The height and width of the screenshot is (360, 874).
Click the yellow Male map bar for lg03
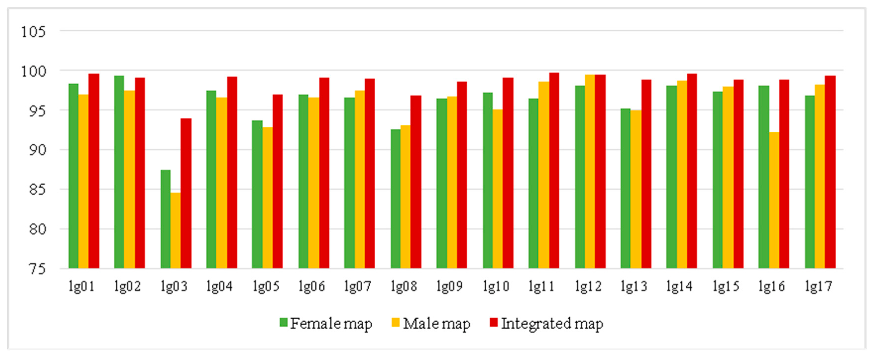[x=175, y=231]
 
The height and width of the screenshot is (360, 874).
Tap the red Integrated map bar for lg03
[x=186, y=193]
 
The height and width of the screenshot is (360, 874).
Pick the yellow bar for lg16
[x=774, y=200]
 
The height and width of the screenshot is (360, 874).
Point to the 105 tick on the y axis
[x=33, y=32]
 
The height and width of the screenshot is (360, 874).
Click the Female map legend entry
[x=331, y=323]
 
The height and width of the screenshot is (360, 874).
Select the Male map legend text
[x=436, y=323]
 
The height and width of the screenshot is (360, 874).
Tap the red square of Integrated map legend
[x=494, y=322]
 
